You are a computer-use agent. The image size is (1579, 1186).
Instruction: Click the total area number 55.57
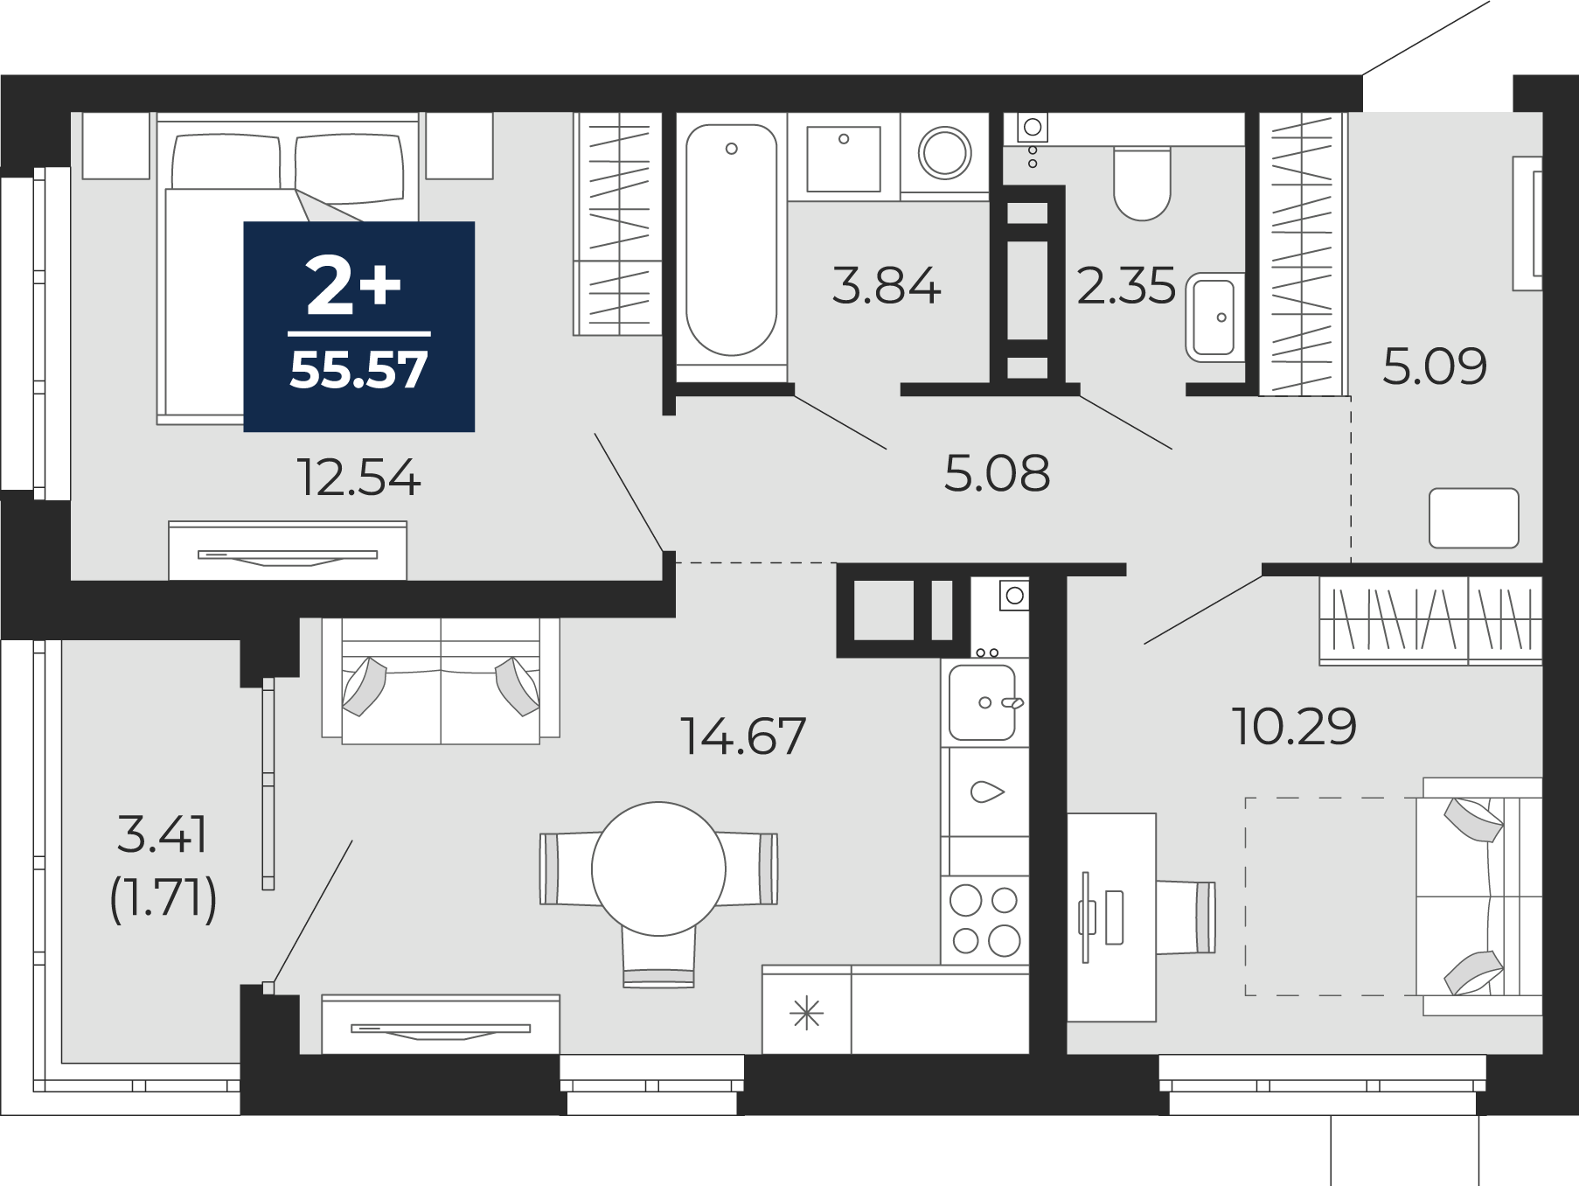(358, 369)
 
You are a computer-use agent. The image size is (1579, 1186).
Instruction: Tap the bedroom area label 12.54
(358, 478)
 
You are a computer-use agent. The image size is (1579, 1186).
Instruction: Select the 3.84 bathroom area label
(886, 286)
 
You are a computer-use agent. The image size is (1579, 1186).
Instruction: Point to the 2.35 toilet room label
(1126, 286)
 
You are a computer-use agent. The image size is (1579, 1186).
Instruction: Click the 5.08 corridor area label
(997, 473)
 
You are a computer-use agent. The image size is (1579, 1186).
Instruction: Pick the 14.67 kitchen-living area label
(742, 736)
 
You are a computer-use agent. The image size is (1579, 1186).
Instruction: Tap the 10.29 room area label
(1294, 726)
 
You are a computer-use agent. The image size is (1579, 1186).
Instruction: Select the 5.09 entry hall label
(1435, 366)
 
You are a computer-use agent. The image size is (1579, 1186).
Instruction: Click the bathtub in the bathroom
(731, 240)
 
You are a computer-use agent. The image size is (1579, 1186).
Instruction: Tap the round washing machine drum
(945, 153)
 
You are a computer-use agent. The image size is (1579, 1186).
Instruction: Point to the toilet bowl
(1142, 185)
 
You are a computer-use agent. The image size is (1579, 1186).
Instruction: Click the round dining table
(658, 869)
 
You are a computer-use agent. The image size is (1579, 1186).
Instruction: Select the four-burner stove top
(985, 919)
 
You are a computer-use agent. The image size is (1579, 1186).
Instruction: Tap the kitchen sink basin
(983, 702)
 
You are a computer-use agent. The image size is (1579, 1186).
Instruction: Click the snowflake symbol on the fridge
(806, 1014)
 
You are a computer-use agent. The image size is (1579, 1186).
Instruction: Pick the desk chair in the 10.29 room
(1186, 917)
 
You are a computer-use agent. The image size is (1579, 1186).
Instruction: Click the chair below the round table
(658, 957)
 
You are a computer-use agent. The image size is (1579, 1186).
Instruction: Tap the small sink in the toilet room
(1213, 317)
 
